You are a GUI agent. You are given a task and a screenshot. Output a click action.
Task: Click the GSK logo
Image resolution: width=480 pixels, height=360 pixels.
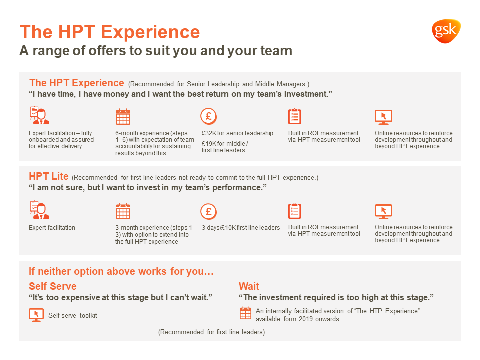click(446, 31)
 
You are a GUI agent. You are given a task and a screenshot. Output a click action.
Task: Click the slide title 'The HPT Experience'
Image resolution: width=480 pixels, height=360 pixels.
click(110, 32)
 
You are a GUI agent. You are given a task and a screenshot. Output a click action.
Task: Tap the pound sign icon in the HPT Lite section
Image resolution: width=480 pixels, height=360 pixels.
click(209, 211)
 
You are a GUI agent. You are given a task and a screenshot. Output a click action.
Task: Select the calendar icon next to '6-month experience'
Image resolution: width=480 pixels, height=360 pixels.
click(123, 116)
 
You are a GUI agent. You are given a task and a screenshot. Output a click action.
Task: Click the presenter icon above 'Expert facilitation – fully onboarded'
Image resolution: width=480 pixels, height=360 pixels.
click(39, 115)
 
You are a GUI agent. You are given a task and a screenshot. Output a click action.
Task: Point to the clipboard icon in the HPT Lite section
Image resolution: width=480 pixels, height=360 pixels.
click(295, 211)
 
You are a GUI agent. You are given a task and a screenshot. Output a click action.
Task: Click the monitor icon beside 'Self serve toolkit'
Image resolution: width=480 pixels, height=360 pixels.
click(36, 315)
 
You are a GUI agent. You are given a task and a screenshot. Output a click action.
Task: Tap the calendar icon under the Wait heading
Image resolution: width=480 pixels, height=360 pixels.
click(245, 313)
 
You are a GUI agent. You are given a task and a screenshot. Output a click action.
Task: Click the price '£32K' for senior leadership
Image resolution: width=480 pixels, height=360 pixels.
click(209, 133)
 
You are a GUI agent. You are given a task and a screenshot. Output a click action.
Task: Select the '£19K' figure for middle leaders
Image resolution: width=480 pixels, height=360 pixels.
click(209, 144)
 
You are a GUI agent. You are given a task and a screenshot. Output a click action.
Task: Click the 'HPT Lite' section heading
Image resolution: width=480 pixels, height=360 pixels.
click(49, 176)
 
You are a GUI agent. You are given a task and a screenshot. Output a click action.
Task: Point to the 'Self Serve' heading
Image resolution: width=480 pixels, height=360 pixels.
click(53, 286)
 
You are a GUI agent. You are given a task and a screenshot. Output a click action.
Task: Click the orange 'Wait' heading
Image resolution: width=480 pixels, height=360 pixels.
click(249, 286)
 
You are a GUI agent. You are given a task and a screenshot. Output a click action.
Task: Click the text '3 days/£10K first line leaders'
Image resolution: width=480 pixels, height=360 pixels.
click(241, 228)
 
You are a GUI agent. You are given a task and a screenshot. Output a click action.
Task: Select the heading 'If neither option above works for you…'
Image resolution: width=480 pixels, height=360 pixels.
click(121, 271)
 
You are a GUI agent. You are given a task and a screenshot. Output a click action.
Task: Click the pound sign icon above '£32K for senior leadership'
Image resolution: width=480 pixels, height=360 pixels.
click(209, 116)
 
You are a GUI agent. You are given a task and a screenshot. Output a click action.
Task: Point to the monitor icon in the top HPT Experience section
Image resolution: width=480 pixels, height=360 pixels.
click(384, 117)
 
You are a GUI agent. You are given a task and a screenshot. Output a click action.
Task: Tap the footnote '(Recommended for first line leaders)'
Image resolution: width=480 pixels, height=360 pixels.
click(212, 332)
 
